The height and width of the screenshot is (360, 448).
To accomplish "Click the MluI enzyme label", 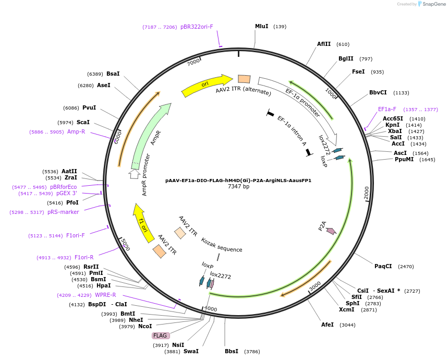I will point(261,26).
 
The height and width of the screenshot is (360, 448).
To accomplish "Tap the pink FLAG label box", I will point(160,335).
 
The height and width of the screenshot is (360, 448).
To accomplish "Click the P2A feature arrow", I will point(330,230).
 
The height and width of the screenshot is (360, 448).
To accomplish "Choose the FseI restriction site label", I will point(358,72).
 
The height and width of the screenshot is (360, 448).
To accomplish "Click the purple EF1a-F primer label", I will point(387,110).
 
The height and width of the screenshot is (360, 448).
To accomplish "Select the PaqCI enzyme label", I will point(383,267).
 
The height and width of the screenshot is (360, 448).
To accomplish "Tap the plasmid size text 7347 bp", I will point(238,187).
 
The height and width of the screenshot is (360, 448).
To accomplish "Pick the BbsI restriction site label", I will point(231,351).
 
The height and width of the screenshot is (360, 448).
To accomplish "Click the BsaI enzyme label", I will point(113,74).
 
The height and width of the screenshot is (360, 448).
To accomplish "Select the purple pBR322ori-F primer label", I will point(197,27).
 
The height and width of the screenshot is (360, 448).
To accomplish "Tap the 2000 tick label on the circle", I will point(366,193).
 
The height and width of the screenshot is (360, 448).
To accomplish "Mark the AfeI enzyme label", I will point(327,325).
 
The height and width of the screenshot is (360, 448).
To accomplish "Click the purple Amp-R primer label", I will point(76,132).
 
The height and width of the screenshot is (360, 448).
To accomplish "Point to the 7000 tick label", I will point(193,62).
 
